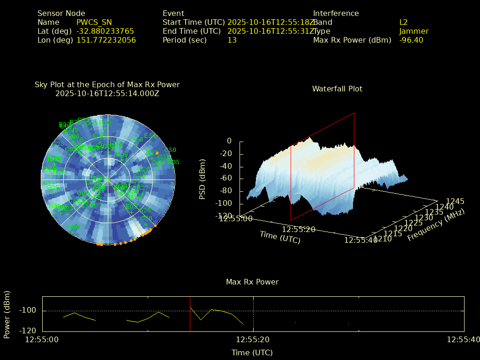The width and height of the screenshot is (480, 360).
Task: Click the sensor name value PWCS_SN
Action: [x=94, y=22]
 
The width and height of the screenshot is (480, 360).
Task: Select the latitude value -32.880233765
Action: [x=105, y=31]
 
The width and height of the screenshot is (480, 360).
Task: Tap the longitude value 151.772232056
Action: [x=106, y=40]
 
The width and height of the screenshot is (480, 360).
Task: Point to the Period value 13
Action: [x=232, y=40]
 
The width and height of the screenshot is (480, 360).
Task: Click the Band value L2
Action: [x=404, y=22]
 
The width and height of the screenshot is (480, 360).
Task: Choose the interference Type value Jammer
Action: [x=414, y=31]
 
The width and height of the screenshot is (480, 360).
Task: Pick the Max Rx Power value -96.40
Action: [x=411, y=40]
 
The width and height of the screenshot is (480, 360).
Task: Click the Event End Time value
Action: [x=271, y=31]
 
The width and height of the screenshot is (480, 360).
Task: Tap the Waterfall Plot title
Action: [x=337, y=89]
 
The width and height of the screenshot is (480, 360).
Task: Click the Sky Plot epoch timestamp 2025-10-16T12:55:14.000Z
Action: [x=107, y=93]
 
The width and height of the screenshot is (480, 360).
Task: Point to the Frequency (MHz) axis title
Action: [x=435, y=225]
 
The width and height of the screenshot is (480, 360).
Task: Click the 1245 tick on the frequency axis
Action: [x=455, y=202]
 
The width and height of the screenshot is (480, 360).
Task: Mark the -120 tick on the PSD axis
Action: [x=225, y=216]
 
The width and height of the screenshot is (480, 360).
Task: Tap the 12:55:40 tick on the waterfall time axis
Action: [x=360, y=240]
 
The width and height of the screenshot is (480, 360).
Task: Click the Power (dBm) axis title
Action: [x=7, y=314]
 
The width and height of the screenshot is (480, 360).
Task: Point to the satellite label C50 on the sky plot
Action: [x=171, y=150]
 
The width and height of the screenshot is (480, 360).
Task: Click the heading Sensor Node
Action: [x=61, y=14]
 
